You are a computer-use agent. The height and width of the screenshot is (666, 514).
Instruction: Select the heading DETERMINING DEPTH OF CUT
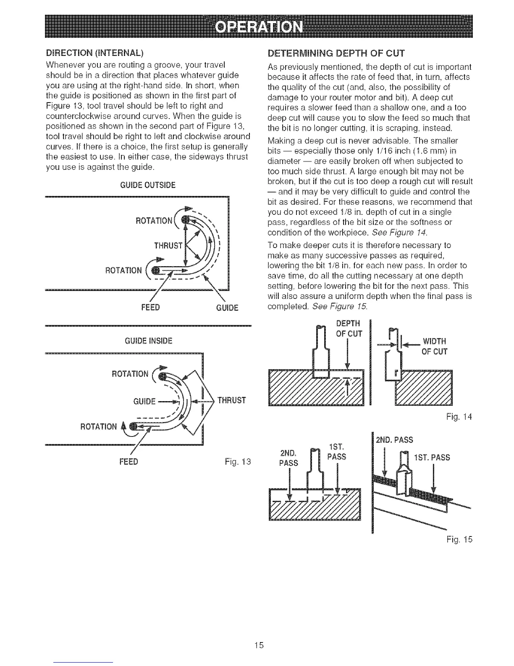click(336, 53)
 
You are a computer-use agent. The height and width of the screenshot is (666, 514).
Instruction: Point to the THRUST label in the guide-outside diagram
click(168, 246)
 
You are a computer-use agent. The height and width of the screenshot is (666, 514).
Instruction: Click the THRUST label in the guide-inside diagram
click(231, 400)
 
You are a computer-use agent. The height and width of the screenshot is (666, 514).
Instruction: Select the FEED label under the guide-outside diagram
click(150, 307)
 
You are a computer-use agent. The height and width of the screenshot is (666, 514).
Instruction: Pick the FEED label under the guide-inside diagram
click(128, 462)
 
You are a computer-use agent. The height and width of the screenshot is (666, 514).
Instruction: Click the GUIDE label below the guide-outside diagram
click(227, 307)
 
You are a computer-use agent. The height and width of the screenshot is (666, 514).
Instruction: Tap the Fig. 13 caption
click(238, 462)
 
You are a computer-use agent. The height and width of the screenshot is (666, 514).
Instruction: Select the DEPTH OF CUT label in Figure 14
click(348, 329)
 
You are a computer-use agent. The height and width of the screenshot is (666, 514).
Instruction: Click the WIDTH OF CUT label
click(434, 346)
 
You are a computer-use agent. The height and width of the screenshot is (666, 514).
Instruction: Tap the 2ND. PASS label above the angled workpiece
click(394, 440)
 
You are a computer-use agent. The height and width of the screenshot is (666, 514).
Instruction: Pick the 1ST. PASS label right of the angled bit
click(432, 457)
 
